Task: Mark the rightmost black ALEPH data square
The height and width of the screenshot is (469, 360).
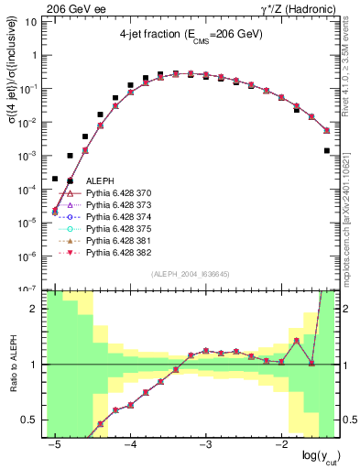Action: point(327,150)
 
